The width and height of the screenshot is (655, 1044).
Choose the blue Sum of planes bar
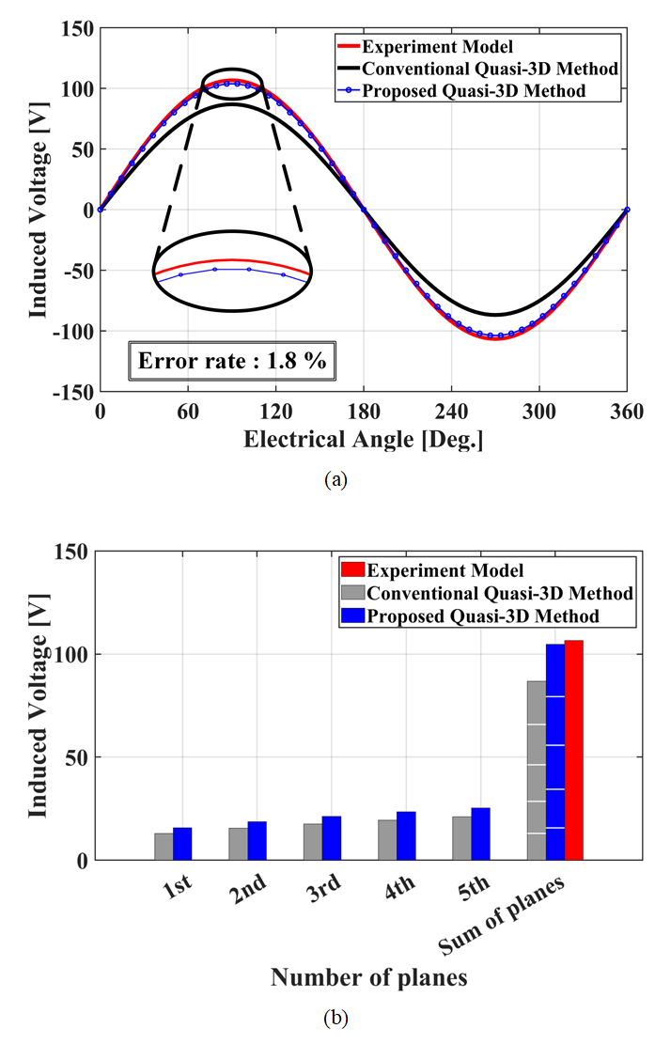(x=554, y=752)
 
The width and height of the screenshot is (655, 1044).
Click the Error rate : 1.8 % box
(x=232, y=360)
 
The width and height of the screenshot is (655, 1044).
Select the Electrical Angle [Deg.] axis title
(x=364, y=439)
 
